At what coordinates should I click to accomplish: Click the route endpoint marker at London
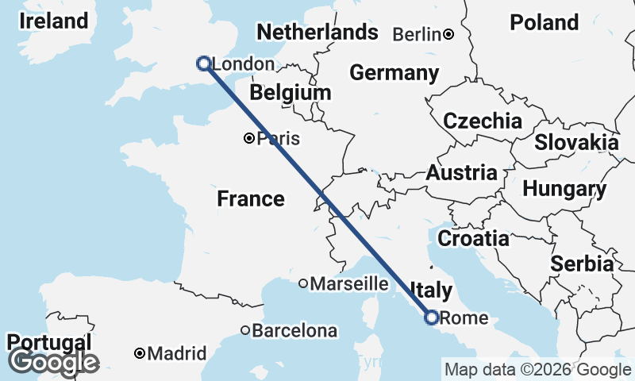point(203,63)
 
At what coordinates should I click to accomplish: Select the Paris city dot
point(249,138)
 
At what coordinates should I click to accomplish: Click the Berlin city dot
point(448,34)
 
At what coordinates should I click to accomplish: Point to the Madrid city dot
point(139,352)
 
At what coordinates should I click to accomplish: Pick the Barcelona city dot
point(246,330)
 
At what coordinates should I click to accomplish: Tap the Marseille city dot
point(303,283)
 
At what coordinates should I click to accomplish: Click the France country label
point(251,198)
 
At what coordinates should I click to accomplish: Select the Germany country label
point(394,73)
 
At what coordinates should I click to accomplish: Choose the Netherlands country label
point(317,33)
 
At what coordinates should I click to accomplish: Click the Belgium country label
point(290,93)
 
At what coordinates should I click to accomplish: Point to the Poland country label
point(544,22)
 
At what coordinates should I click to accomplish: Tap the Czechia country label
point(483,121)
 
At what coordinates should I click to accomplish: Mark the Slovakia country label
point(576,143)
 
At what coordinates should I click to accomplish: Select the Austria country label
point(462,172)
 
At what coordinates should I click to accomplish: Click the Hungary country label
point(564,190)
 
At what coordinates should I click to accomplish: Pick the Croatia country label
point(473,237)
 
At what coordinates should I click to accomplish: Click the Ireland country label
point(53,21)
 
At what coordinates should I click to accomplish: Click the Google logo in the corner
point(53,362)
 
